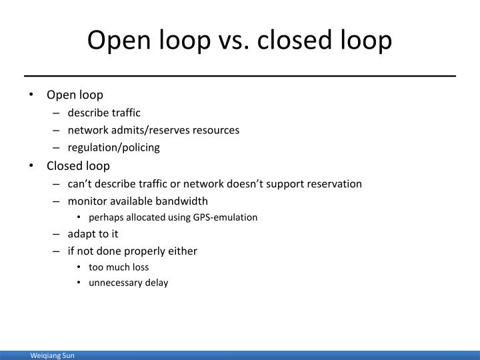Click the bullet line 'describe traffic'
(104, 113)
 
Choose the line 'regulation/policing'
(113, 147)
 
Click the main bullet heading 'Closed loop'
(78, 165)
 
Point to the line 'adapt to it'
(93, 234)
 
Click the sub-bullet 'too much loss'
(119, 267)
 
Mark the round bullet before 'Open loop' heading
(33, 95)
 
